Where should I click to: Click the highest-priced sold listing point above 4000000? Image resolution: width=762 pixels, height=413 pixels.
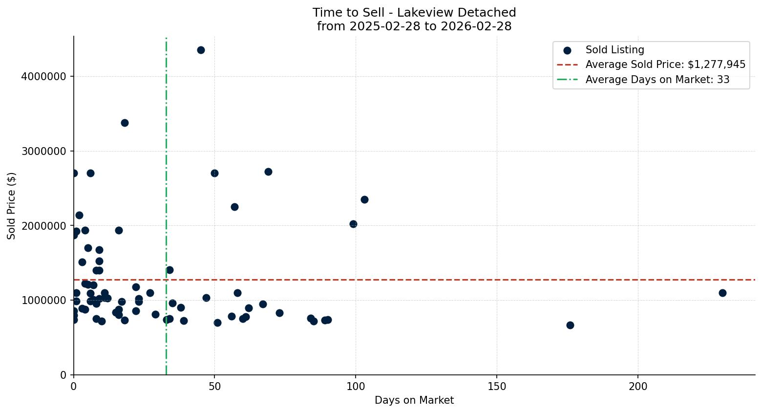point(201,50)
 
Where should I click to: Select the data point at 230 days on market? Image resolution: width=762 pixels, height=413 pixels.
point(722,293)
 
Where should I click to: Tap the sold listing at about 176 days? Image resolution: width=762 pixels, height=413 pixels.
point(570,325)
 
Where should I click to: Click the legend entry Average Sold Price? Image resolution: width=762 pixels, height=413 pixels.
point(665,65)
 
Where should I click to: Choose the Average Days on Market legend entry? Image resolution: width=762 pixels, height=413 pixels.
point(657,80)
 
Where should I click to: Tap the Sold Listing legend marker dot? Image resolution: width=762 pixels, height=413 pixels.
point(567,50)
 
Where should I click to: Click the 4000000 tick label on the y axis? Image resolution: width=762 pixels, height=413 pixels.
point(44,76)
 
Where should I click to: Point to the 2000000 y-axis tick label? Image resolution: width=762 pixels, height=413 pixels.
point(44,226)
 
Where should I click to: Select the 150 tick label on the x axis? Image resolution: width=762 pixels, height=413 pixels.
point(497,387)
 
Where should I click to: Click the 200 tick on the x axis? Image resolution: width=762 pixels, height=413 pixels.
point(638,387)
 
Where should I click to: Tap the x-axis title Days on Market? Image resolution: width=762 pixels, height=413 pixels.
point(414,400)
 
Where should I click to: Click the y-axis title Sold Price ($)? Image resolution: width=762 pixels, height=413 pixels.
point(12,205)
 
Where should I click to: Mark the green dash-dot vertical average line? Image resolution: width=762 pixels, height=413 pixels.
point(166,147)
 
